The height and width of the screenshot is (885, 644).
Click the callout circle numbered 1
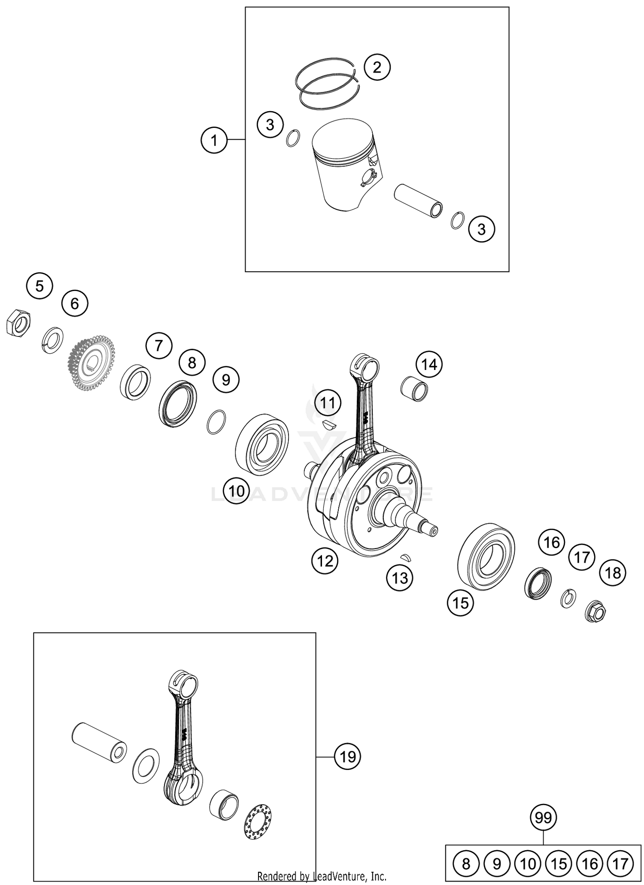pyautogui.click(x=214, y=140)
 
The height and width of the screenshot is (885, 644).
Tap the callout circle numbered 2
pyautogui.click(x=377, y=67)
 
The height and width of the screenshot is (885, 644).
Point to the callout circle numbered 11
pyautogui.click(x=328, y=403)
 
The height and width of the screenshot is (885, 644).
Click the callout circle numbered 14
pyautogui.click(x=429, y=364)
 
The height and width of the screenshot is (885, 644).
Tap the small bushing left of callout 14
pyautogui.click(x=414, y=388)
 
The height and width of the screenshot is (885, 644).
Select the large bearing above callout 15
pyautogui.click(x=486, y=556)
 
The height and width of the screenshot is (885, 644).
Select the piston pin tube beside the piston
pyautogui.click(x=418, y=200)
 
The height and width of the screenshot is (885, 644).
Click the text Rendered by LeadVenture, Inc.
pyautogui.click(x=322, y=876)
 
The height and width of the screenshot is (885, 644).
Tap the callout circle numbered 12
pyautogui.click(x=325, y=560)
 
